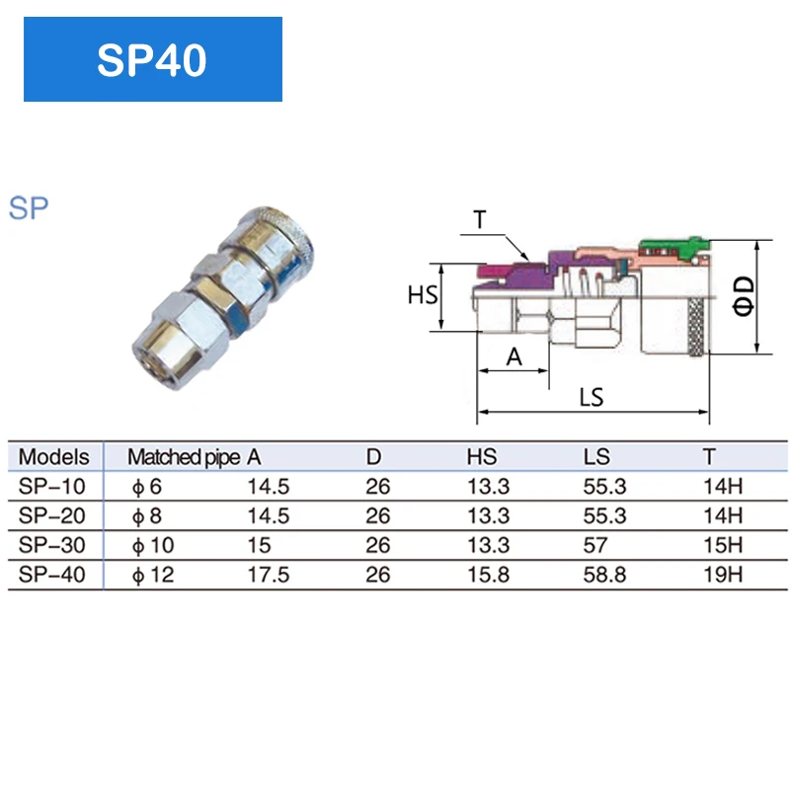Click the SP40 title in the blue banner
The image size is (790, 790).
(152, 59)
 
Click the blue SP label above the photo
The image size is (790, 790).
(29, 208)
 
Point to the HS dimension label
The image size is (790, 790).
(423, 295)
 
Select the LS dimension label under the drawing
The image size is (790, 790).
(592, 397)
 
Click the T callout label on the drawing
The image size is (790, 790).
(480, 219)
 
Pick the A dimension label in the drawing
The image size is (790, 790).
(513, 356)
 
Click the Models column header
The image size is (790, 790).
(54, 457)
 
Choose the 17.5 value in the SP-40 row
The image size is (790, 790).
(268, 574)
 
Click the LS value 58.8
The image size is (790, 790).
(605, 574)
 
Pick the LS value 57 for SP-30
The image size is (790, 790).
(596, 544)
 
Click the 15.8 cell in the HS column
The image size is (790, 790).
(488, 574)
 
